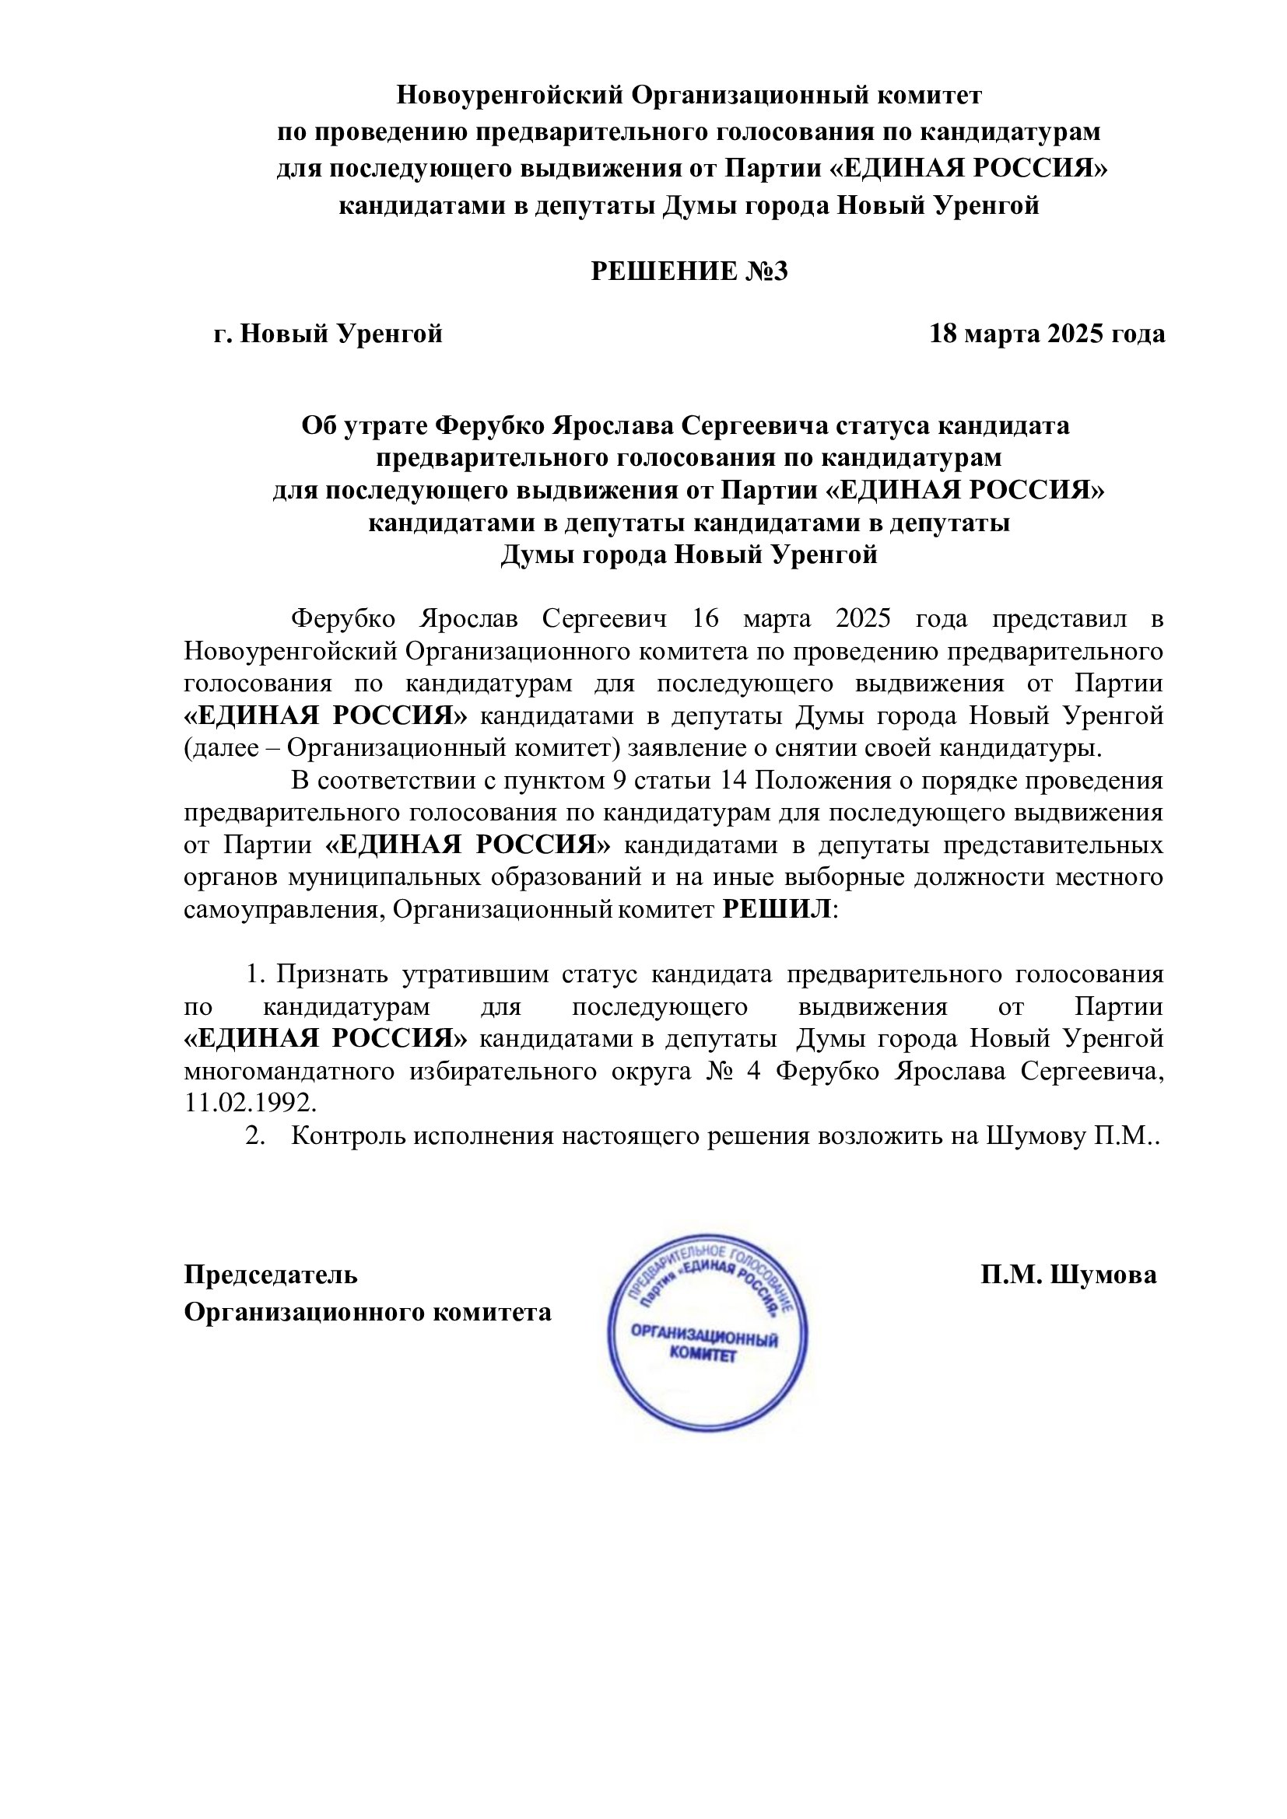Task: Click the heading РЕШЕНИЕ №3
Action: (x=689, y=271)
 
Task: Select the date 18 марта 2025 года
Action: (x=1047, y=334)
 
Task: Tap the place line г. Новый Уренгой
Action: (x=328, y=334)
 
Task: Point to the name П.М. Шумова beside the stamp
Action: (x=1068, y=1275)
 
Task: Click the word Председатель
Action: (x=271, y=1275)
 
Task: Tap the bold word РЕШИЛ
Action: (x=777, y=910)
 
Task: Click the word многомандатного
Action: (x=289, y=1071)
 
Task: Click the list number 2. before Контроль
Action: (x=254, y=1136)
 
